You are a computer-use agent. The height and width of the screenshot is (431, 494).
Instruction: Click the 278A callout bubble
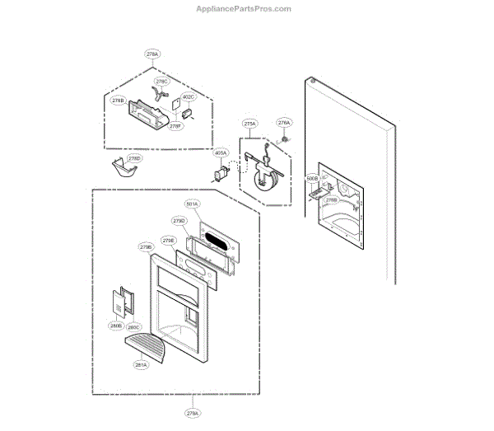pyautogui.click(x=153, y=54)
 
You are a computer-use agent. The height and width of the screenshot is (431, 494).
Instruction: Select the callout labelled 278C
pyautogui.click(x=161, y=82)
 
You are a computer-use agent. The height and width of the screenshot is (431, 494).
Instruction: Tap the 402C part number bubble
pyautogui.click(x=189, y=97)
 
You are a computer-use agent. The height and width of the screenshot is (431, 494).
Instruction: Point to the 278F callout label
pyautogui.click(x=175, y=126)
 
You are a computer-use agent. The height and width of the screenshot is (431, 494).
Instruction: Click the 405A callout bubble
pyautogui.click(x=220, y=153)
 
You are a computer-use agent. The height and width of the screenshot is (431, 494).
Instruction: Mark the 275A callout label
pyautogui.click(x=250, y=124)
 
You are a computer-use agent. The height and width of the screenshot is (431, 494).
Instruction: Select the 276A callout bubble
pyautogui.click(x=284, y=123)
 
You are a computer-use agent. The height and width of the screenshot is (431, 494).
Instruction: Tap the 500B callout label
pyautogui.click(x=311, y=178)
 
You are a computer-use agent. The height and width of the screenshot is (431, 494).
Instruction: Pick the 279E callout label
pyautogui.click(x=168, y=241)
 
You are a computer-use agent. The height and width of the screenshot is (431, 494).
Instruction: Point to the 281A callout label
pyautogui.click(x=141, y=364)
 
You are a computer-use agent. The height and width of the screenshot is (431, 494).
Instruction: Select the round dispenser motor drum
pyautogui.click(x=265, y=182)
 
